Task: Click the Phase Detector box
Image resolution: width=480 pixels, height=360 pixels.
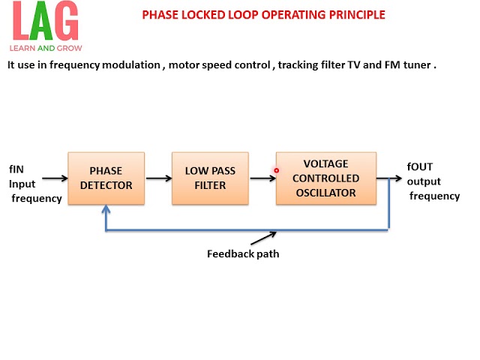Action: [106, 178]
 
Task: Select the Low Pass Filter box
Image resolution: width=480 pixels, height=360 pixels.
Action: [209, 178]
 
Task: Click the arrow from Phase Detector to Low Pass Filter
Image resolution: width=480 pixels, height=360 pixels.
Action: [157, 178]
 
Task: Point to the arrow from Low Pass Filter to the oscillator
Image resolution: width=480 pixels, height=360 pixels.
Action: [261, 178]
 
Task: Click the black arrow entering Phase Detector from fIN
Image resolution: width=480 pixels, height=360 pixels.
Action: [54, 178]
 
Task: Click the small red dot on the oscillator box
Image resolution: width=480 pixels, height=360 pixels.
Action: [277, 170]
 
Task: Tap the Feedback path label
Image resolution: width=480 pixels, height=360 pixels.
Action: [243, 253]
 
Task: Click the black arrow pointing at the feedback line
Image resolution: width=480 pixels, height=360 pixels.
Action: [264, 238]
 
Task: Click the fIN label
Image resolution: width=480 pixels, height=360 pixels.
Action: [17, 168]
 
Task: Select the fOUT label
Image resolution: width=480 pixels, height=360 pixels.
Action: [420, 166]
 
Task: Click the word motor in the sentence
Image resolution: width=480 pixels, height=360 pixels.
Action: [183, 64]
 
